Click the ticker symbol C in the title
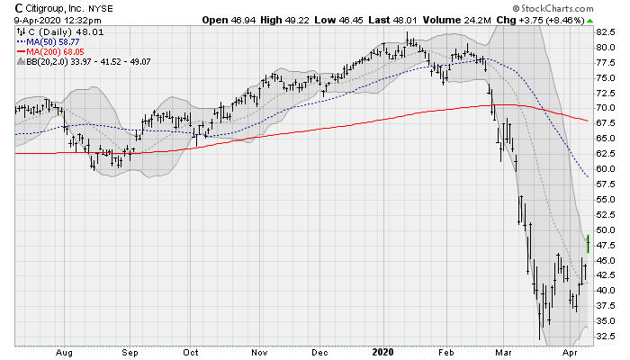pos(20,8)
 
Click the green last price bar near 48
pos(587,242)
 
